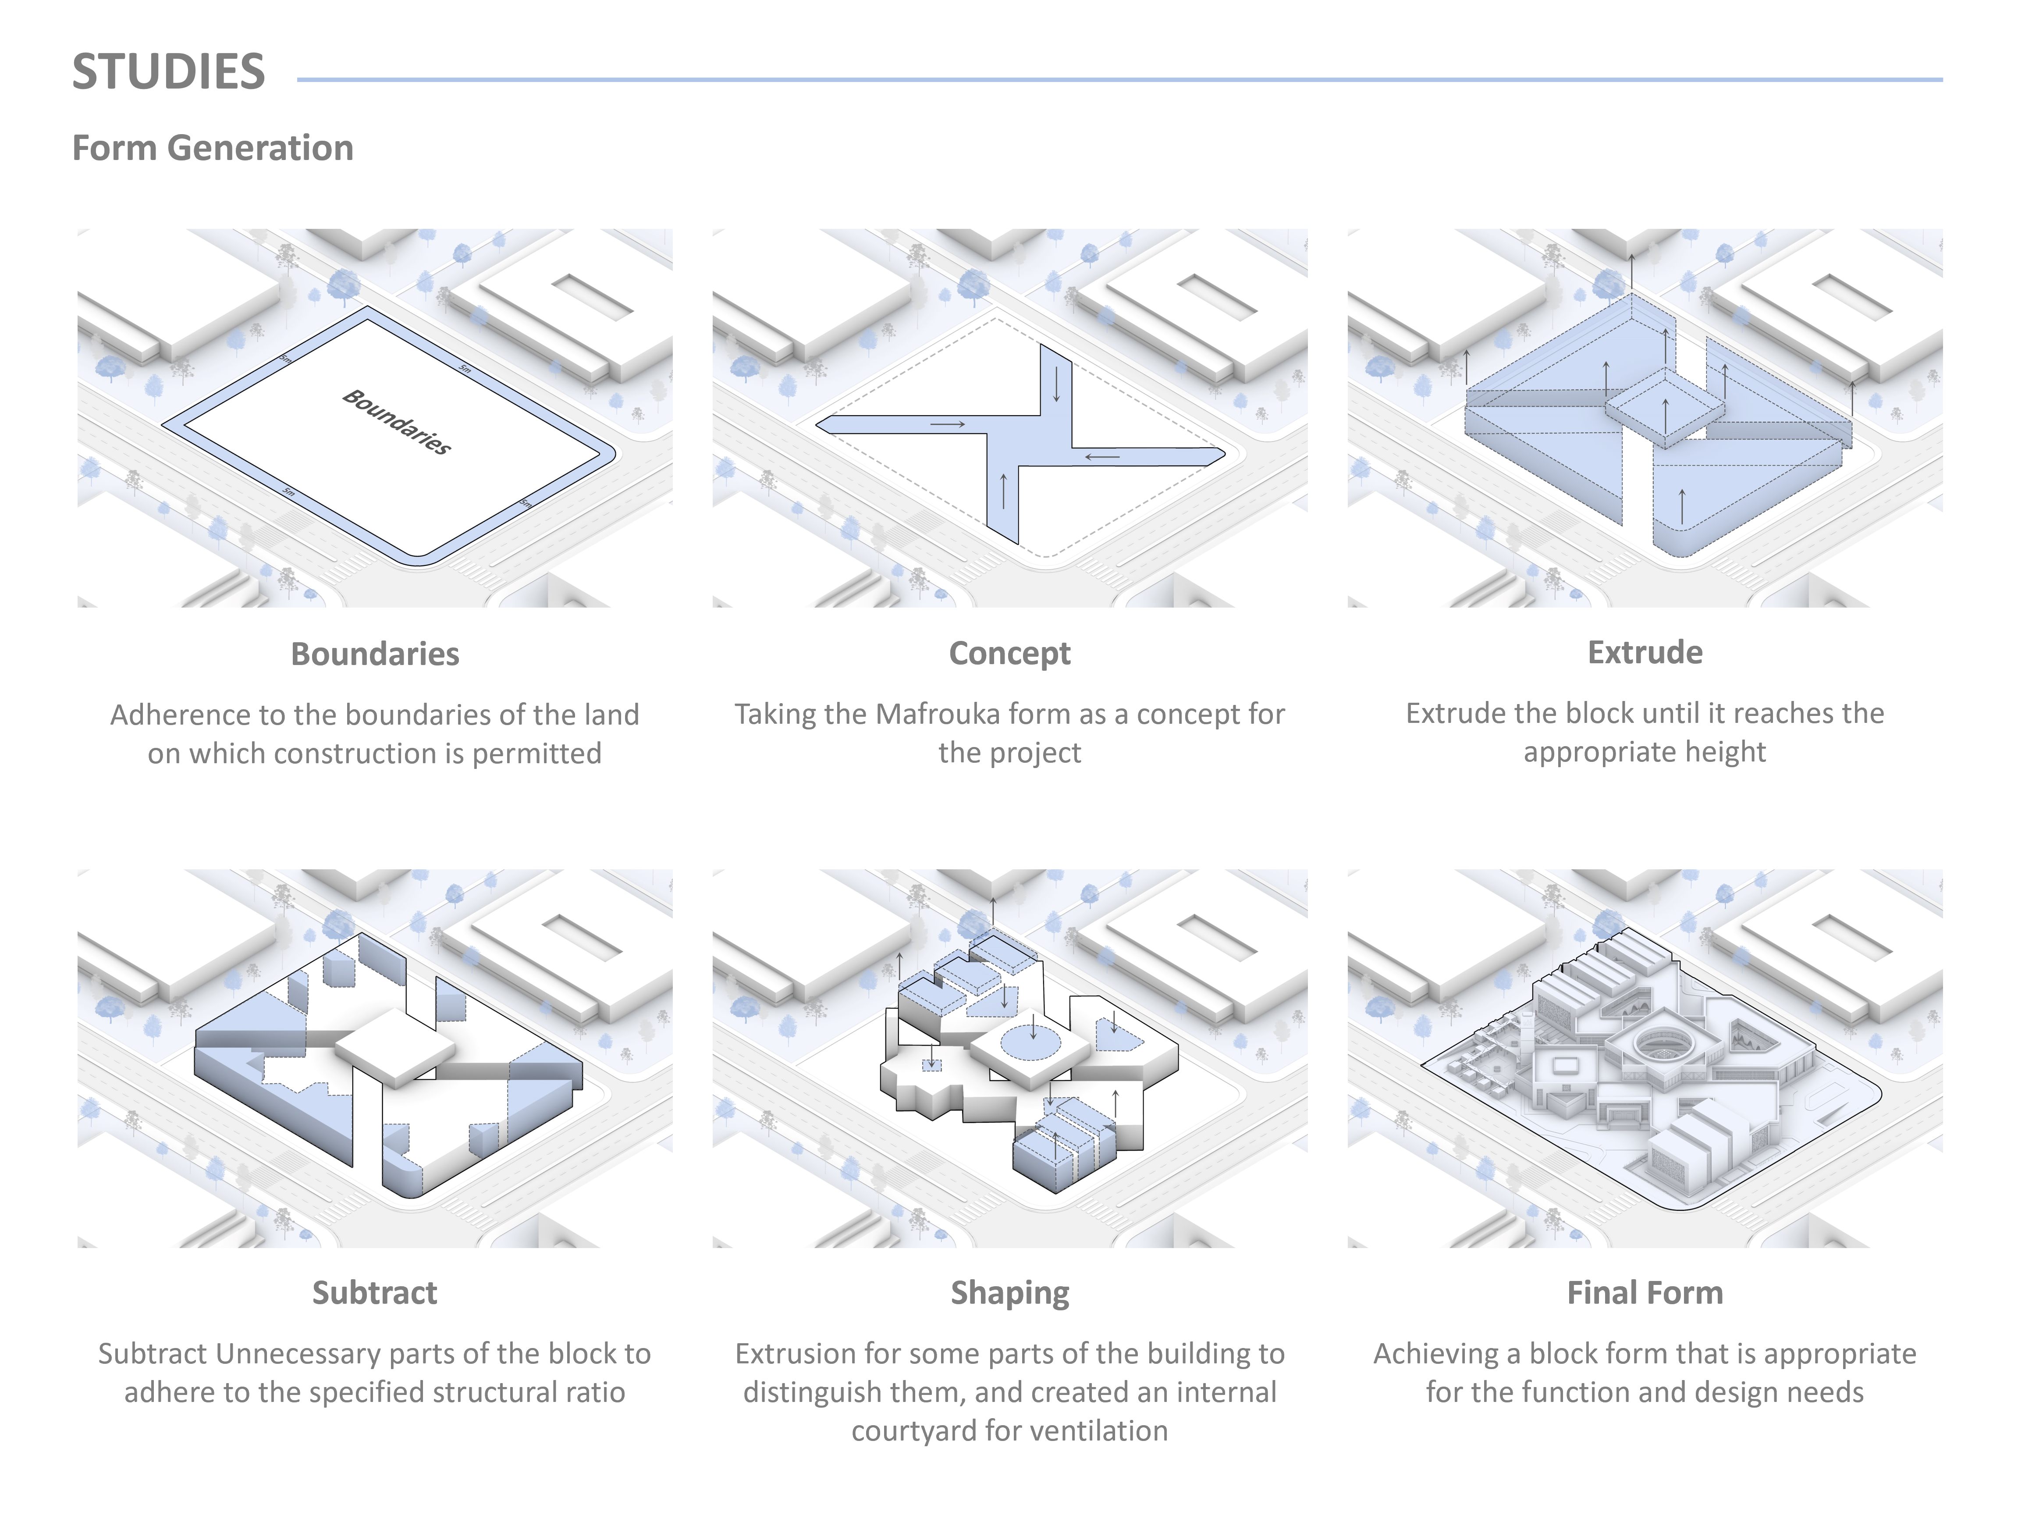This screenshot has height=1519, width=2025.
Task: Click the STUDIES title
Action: pos(168,72)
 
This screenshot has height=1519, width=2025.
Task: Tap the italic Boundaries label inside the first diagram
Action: pos(396,422)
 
